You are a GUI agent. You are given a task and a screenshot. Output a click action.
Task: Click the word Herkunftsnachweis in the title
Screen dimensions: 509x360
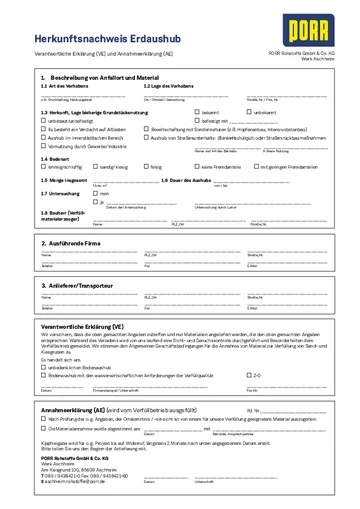click(66, 35)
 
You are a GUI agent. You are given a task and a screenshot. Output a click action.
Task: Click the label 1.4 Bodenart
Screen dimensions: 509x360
click(54, 157)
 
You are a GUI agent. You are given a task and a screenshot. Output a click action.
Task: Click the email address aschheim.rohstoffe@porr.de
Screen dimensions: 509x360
click(75, 483)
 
